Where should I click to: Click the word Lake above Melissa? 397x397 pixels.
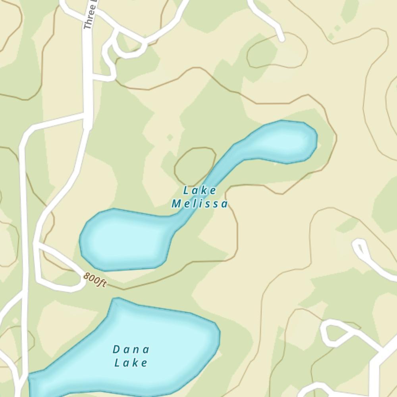point(200,191)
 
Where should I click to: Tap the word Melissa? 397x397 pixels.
point(200,204)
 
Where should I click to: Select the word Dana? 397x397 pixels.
point(131,349)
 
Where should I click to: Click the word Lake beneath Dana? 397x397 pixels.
point(131,362)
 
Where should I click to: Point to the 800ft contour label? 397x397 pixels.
point(95,280)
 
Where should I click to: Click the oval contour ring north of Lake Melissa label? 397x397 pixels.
point(195,164)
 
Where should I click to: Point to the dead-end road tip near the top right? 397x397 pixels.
point(281,39)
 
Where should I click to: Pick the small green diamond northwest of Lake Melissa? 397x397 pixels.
point(170,137)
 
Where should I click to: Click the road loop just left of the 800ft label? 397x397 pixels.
point(60,274)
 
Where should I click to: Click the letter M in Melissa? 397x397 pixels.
point(176,204)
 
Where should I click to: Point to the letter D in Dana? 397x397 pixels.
point(116,349)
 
